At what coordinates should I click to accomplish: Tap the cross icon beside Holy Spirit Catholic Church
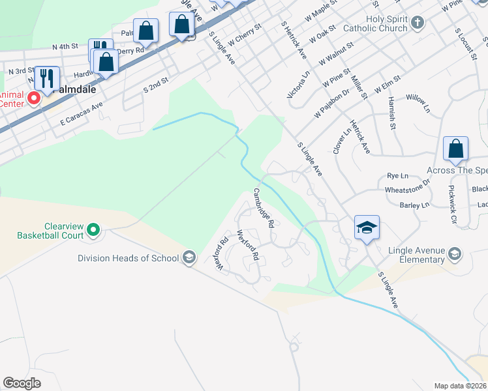tap(418, 24)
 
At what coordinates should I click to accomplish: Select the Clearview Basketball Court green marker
tap(93, 229)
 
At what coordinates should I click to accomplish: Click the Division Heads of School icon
tap(189, 257)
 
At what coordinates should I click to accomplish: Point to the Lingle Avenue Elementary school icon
tap(455, 253)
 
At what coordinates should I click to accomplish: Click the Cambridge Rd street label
tap(263, 208)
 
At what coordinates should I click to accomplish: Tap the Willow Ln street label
tap(418, 102)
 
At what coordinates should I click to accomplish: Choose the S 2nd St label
tap(155, 83)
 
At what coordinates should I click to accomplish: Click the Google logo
tap(22, 383)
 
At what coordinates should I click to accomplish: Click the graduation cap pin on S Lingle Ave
tap(367, 228)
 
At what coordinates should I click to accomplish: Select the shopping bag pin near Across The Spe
tap(455, 149)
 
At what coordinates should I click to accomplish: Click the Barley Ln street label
tap(416, 205)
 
